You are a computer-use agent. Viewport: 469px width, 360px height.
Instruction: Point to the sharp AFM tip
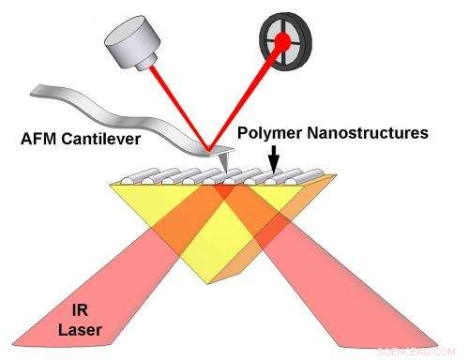pyautogui.click(x=222, y=167)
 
